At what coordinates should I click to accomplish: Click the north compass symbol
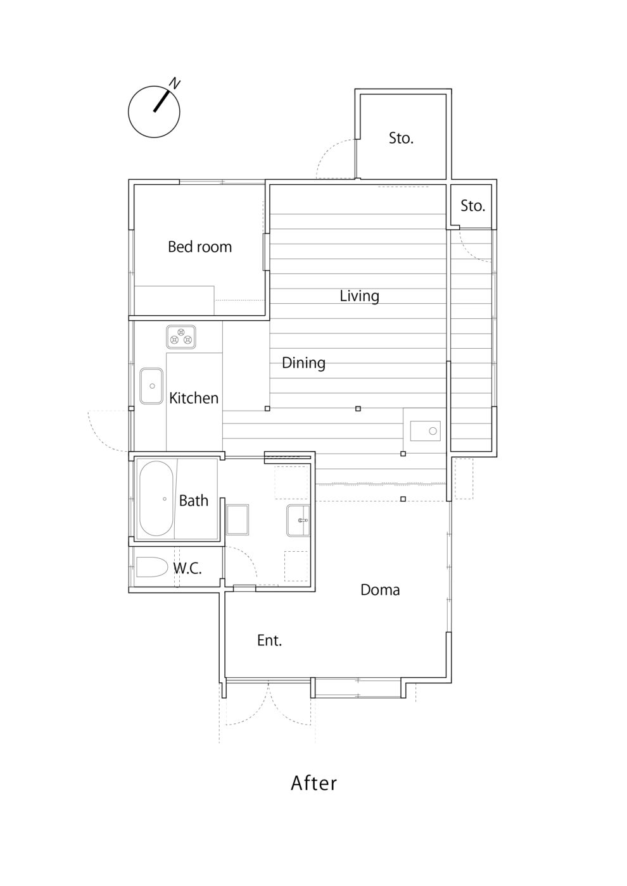tap(155, 111)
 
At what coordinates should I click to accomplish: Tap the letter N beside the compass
tap(175, 83)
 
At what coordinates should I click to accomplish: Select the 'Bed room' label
tap(199, 247)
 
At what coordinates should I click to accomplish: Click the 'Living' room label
tap(359, 296)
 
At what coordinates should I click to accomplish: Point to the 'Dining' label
tap(303, 363)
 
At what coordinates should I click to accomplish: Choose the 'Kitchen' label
tap(193, 398)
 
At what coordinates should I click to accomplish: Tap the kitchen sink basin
tap(151, 385)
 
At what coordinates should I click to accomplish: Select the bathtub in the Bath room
tap(157, 499)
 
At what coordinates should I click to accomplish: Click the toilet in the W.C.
tap(151, 567)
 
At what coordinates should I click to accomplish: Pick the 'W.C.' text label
tap(187, 568)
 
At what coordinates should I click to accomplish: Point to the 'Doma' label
tap(380, 590)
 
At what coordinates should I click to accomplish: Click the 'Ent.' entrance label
tap(269, 640)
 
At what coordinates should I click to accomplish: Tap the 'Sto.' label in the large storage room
tap(401, 138)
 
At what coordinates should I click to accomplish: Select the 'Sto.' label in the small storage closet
tap(472, 206)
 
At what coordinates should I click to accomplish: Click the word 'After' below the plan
tap(313, 783)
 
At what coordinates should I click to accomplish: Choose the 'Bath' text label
tap(193, 501)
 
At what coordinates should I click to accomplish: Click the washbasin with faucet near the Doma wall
tap(298, 520)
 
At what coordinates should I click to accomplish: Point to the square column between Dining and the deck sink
tap(358, 409)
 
